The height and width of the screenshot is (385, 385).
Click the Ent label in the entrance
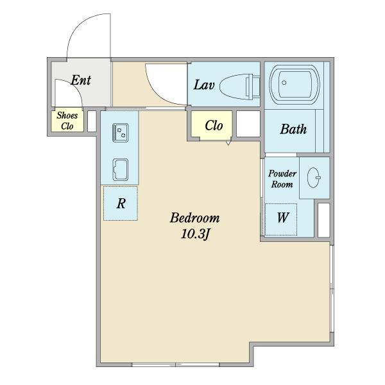tap(81, 80)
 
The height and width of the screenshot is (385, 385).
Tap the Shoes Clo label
tap(67, 121)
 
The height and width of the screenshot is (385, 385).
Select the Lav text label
tap(204, 85)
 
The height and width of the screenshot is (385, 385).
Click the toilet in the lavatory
tap(239, 87)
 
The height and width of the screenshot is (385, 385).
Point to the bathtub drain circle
tap(284, 83)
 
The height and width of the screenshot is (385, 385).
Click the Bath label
tap(293, 129)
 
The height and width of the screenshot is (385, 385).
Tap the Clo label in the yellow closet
tap(214, 126)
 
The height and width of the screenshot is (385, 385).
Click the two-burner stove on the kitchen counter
tap(121, 133)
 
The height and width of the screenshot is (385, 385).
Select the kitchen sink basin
tap(121, 169)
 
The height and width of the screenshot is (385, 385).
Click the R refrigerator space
tap(121, 203)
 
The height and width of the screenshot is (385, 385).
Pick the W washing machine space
tap(281, 219)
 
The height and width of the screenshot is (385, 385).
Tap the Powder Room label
tap(282, 179)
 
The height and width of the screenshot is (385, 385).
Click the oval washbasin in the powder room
tap(314, 178)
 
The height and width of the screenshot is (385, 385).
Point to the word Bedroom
tap(194, 218)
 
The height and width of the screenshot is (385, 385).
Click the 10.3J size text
tap(195, 234)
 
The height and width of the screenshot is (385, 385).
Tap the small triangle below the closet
tap(228, 142)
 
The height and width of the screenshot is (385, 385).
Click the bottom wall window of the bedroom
tap(176, 365)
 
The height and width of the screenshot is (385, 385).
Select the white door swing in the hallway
tap(167, 83)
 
